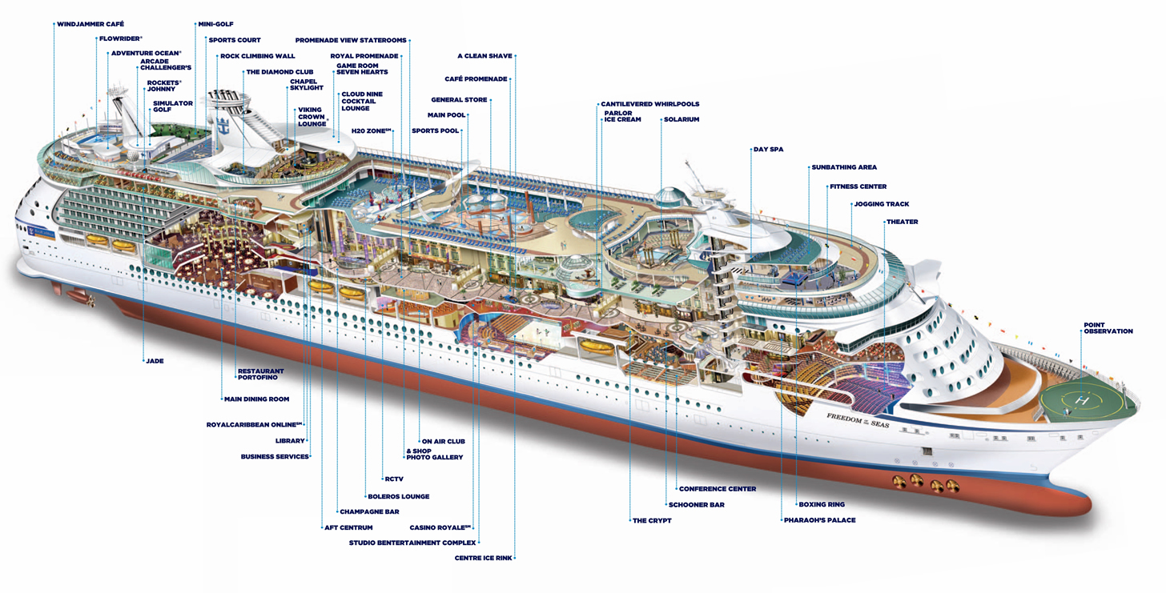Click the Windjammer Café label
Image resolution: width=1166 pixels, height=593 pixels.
[90, 25]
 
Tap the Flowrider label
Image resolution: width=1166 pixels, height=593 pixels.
[121, 38]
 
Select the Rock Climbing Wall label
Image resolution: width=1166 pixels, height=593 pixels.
[258, 56]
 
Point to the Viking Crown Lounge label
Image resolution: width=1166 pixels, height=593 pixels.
[312, 117]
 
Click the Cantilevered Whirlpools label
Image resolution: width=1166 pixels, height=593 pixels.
[650, 104]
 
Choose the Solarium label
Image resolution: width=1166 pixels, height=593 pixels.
[682, 119]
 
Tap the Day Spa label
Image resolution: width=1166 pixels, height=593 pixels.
[768, 149]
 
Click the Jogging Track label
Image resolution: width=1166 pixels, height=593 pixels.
[882, 204]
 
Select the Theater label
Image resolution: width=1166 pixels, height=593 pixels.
[903, 222]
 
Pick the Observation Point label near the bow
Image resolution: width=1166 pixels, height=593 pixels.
[1108, 328]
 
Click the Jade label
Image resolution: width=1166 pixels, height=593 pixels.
[155, 361]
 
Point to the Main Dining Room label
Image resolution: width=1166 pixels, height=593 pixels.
[257, 399]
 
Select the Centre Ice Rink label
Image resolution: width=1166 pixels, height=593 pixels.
[483, 558]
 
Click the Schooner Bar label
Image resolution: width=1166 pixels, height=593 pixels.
[697, 505]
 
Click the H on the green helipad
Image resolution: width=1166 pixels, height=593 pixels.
[1083, 399]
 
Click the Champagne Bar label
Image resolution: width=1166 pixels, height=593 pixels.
[369, 511]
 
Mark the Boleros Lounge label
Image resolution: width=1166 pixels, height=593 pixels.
[399, 496]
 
